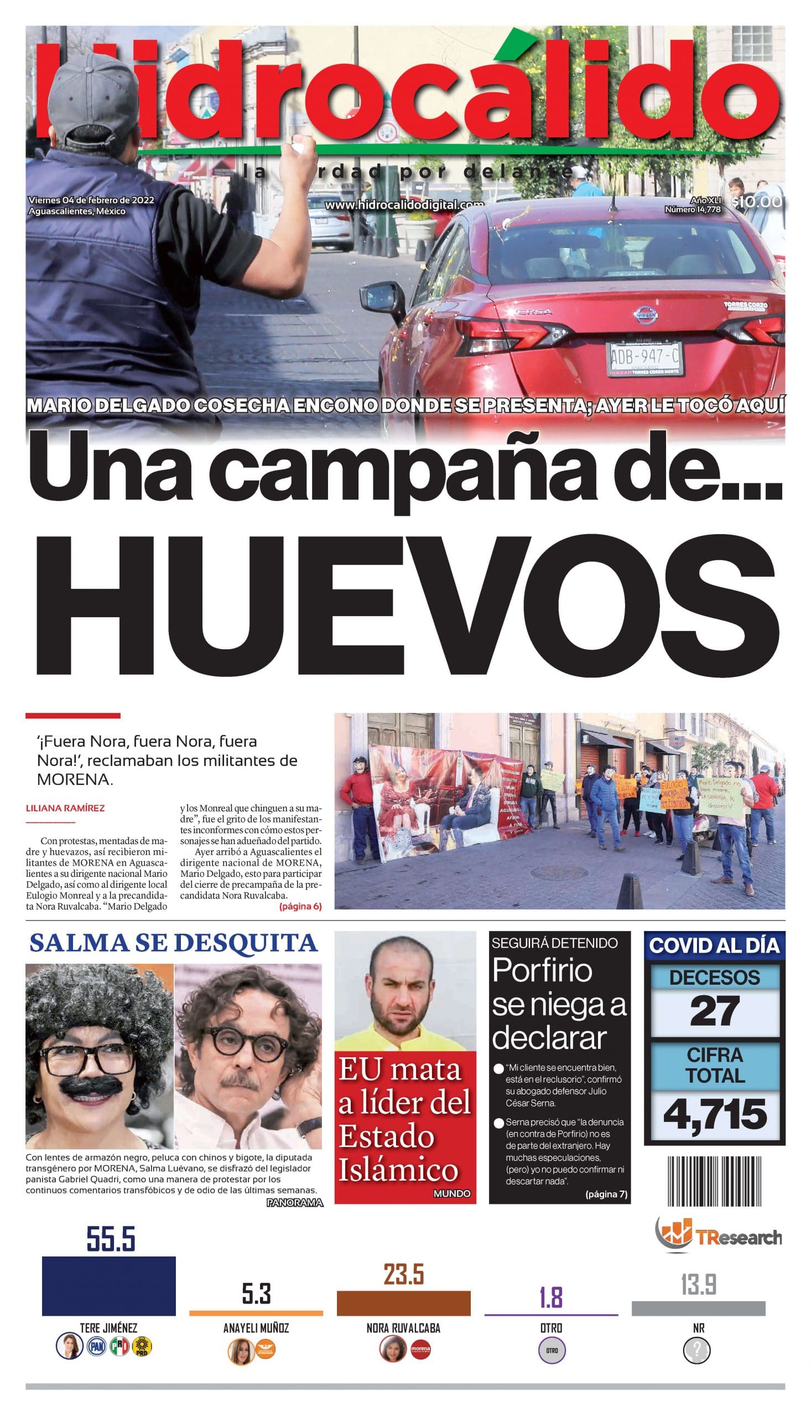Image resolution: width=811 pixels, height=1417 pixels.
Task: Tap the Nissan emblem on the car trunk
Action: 645,316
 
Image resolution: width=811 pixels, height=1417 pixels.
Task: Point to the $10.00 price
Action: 757,202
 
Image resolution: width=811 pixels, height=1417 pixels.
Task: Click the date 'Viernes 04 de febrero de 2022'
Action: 91,200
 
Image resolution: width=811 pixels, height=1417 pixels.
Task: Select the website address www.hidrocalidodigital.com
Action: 404,205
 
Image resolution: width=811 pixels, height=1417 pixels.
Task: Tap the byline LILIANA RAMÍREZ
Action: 65,808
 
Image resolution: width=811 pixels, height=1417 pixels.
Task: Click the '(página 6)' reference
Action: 300,906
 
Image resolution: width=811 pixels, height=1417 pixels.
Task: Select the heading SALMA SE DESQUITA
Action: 173,943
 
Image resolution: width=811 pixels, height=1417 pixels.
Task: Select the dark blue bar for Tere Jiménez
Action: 108,1285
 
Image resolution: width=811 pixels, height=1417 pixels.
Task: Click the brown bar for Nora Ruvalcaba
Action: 403,1304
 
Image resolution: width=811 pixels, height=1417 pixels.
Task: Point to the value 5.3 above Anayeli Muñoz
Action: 256,1295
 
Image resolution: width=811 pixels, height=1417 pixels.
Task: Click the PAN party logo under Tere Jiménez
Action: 97,1347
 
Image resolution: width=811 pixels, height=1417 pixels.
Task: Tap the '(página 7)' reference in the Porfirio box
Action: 606,1193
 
